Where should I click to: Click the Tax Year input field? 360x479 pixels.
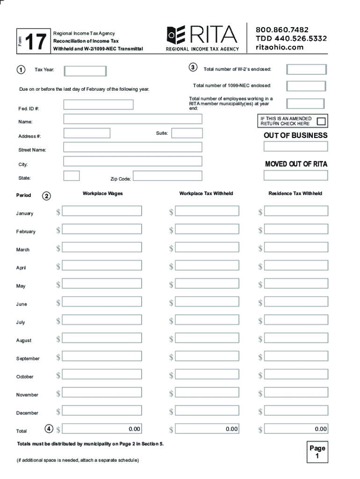click(x=85, y=71)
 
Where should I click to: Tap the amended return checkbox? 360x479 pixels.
click(x=322, y=121)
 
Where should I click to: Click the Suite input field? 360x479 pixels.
click(x=187, y=133)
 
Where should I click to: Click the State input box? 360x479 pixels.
click(x=72, y=176)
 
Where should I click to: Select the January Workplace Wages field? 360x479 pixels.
click(x=102, y=211)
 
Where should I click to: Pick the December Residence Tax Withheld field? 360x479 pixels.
click(x=293, y=411)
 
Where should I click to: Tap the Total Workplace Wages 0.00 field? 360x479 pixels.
click(x=102, y=429)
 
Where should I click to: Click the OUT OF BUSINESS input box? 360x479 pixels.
click(x=295, y=146)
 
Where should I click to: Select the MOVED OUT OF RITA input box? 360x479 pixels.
click(x=295, y=175)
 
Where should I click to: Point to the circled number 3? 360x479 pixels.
click(x=193, y=68)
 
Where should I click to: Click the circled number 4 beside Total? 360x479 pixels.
click(x=49, y=428)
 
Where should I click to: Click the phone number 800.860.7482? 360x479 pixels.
click(x=282, y=29)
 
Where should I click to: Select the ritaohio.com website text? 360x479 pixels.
click(x=280, y=47)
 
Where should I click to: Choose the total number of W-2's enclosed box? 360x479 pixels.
click(x=306, y=70)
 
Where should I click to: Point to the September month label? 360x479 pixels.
click(x=28, y=359)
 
